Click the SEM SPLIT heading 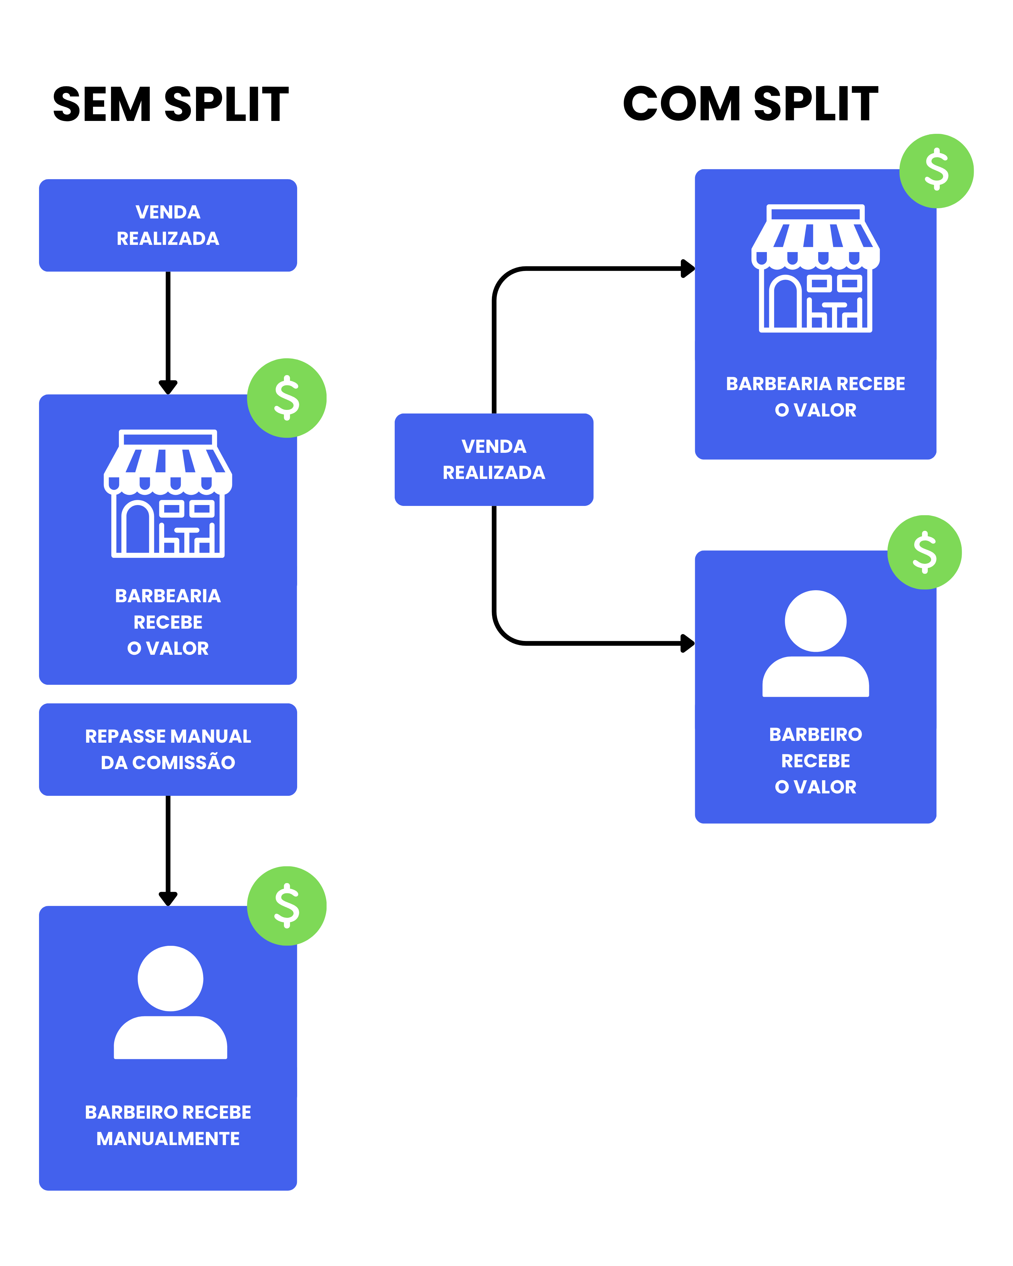pos(170,104)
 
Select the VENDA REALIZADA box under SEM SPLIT pos(168,225)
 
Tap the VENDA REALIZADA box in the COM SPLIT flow pos(494,460)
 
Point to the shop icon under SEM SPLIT pos(168,493)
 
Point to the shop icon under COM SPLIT pos(816,268)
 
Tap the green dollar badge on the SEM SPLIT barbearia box pos(287,398)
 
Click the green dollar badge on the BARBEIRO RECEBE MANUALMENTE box pos(287,906)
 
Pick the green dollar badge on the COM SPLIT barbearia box pos(937,171)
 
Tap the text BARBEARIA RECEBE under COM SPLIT pos(816,383)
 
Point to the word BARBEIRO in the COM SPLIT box pos(816,735)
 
